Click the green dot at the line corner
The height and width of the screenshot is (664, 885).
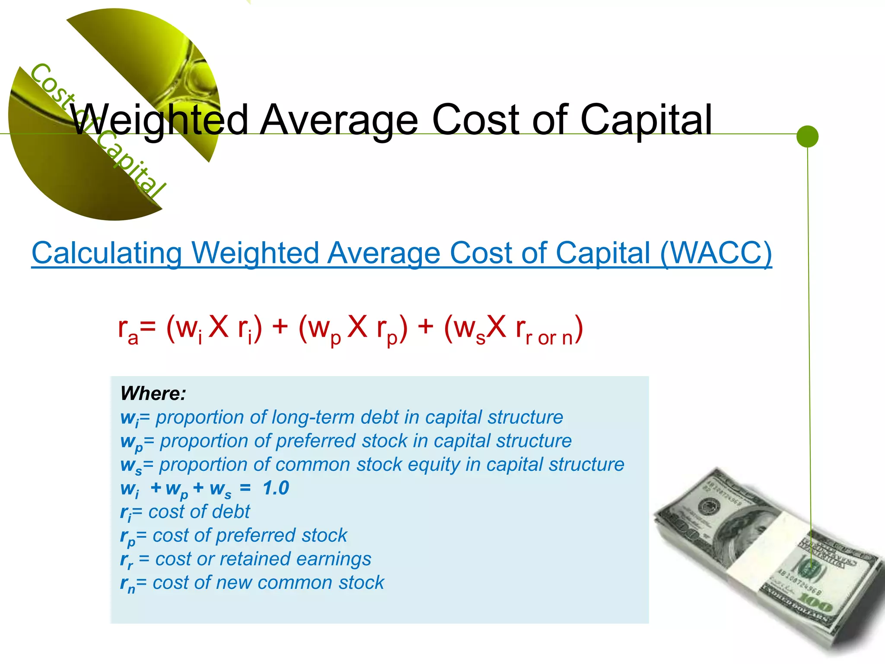[807, 136]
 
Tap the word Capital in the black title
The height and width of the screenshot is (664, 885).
[646, 119]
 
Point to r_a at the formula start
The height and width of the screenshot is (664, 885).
[128, 329]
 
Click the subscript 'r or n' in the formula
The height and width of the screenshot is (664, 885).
[549, 338]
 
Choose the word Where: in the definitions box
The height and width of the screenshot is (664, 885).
[153, 393]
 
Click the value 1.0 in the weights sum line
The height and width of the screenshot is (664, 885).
[276, 488]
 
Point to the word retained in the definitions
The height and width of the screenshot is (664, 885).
[255, 559]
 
